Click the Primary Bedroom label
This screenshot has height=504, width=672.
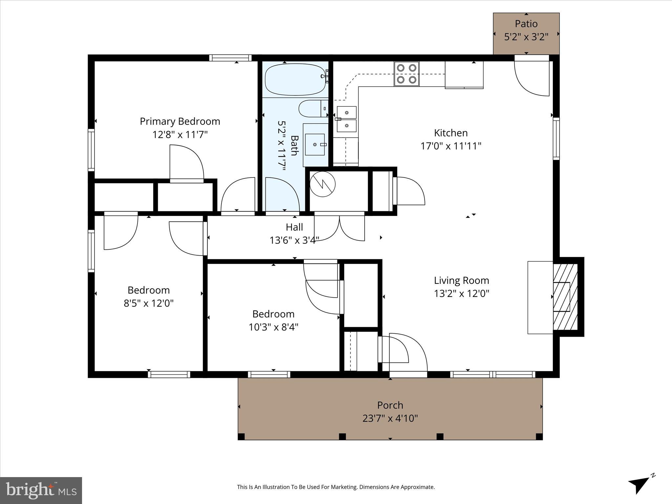tap(180, 121)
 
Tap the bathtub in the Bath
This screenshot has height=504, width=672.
tap(295, 79)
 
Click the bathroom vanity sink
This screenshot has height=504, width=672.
tap(315, 144)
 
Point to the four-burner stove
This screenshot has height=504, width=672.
tap(407, 74)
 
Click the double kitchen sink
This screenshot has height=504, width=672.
tap(346, 119)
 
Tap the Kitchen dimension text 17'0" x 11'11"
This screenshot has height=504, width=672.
tap(451, 146)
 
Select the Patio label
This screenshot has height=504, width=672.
tap(526, 24)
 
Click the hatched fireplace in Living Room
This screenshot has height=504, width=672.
tap(565, 297)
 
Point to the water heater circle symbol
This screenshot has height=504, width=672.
tap(323, 184)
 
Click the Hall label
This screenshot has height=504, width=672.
tap(294, 227)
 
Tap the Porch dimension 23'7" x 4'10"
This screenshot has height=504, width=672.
tap(390, 418)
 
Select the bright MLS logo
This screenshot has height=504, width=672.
tap(41, 490)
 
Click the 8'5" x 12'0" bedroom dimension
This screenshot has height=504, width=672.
tap(148, 303)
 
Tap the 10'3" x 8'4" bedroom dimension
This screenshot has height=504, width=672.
tap(273, 327)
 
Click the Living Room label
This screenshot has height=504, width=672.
tap(461, 281)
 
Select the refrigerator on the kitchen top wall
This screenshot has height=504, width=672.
tap(464, 74)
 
